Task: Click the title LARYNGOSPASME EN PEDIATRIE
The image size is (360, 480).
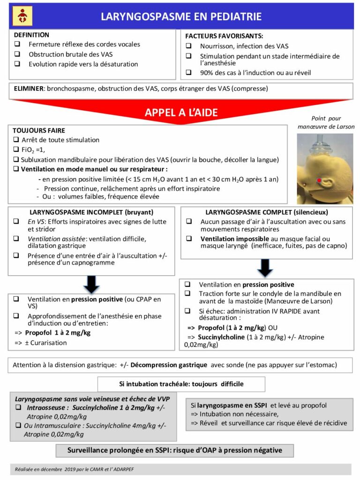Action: [181, 17]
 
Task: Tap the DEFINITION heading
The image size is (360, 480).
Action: [31, 35]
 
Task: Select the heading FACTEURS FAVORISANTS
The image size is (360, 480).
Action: [224, 36]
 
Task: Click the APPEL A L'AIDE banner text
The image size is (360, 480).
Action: [181, 112]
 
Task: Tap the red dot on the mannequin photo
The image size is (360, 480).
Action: [320, 180]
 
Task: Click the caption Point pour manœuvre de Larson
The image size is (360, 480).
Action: [326, 122]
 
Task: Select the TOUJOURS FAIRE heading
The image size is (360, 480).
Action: [39, 130]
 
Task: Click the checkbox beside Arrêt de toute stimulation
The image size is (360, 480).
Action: [16, 140]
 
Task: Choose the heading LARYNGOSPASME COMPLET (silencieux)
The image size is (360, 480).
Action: [266, 212]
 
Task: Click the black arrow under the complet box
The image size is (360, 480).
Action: [265, 267]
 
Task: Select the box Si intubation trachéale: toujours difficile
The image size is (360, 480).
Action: [181, 384]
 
